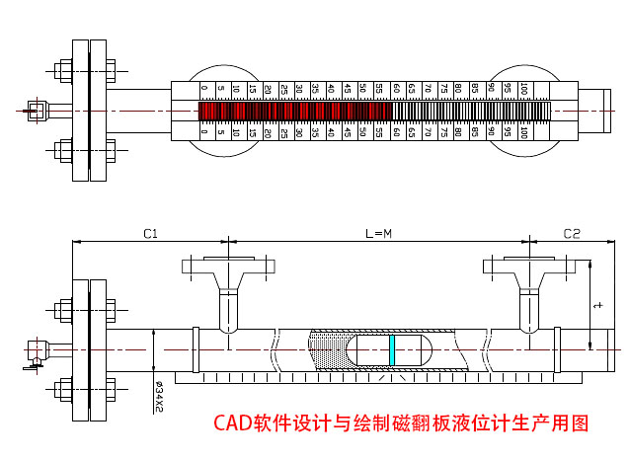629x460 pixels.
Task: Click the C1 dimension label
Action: point(151,234)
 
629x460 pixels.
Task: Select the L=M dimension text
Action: point(378,234)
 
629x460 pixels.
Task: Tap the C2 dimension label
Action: point(572,234)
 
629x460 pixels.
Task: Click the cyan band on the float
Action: point(392,349)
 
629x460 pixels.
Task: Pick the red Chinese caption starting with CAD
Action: point(401,423)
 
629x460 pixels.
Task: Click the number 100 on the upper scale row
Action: point(523,90)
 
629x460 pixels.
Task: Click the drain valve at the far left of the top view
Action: point(39,110)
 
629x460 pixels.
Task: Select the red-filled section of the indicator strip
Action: point(291,111)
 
